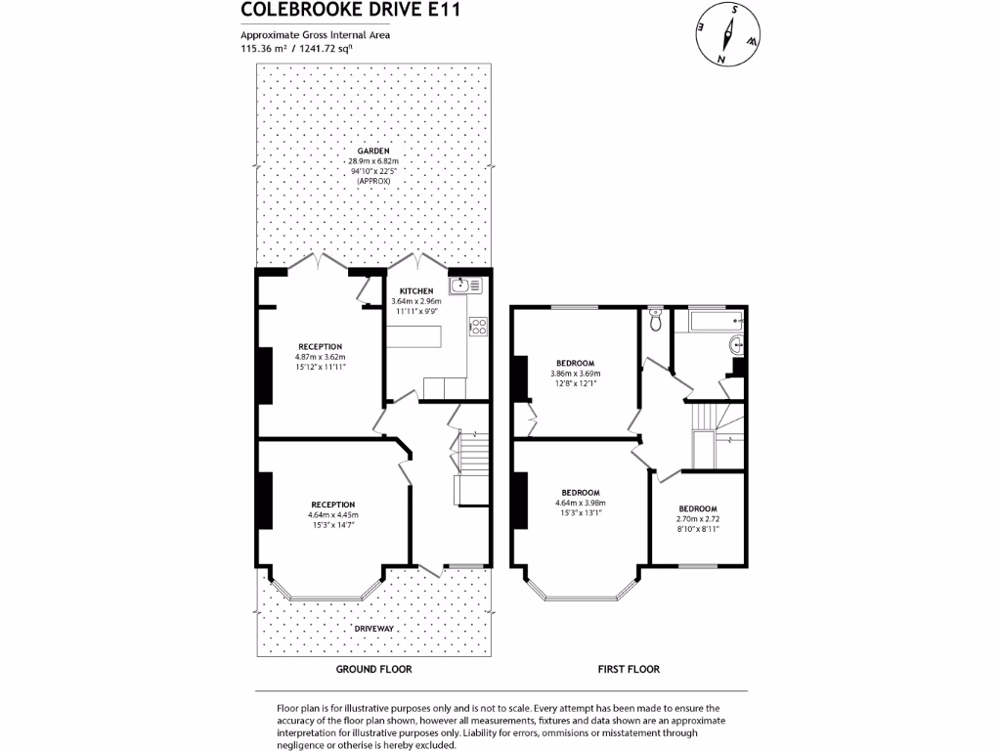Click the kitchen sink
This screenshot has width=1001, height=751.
coord(465,287)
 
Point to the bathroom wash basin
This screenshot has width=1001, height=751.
coord(737,343)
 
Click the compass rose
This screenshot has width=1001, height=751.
coord(727,34)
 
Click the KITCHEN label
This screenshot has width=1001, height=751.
coord(416,291)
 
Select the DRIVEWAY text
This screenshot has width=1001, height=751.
coord(372,627)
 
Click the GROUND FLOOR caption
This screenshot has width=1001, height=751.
coord(373,670)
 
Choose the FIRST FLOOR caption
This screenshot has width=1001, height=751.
coord(629,670)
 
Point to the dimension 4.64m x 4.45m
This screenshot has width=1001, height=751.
coord(333,515)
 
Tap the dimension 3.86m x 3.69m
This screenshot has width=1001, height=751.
coord(575,374)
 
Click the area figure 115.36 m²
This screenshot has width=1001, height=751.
coord(261,47)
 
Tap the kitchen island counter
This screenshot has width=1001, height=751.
coord(413,335)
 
